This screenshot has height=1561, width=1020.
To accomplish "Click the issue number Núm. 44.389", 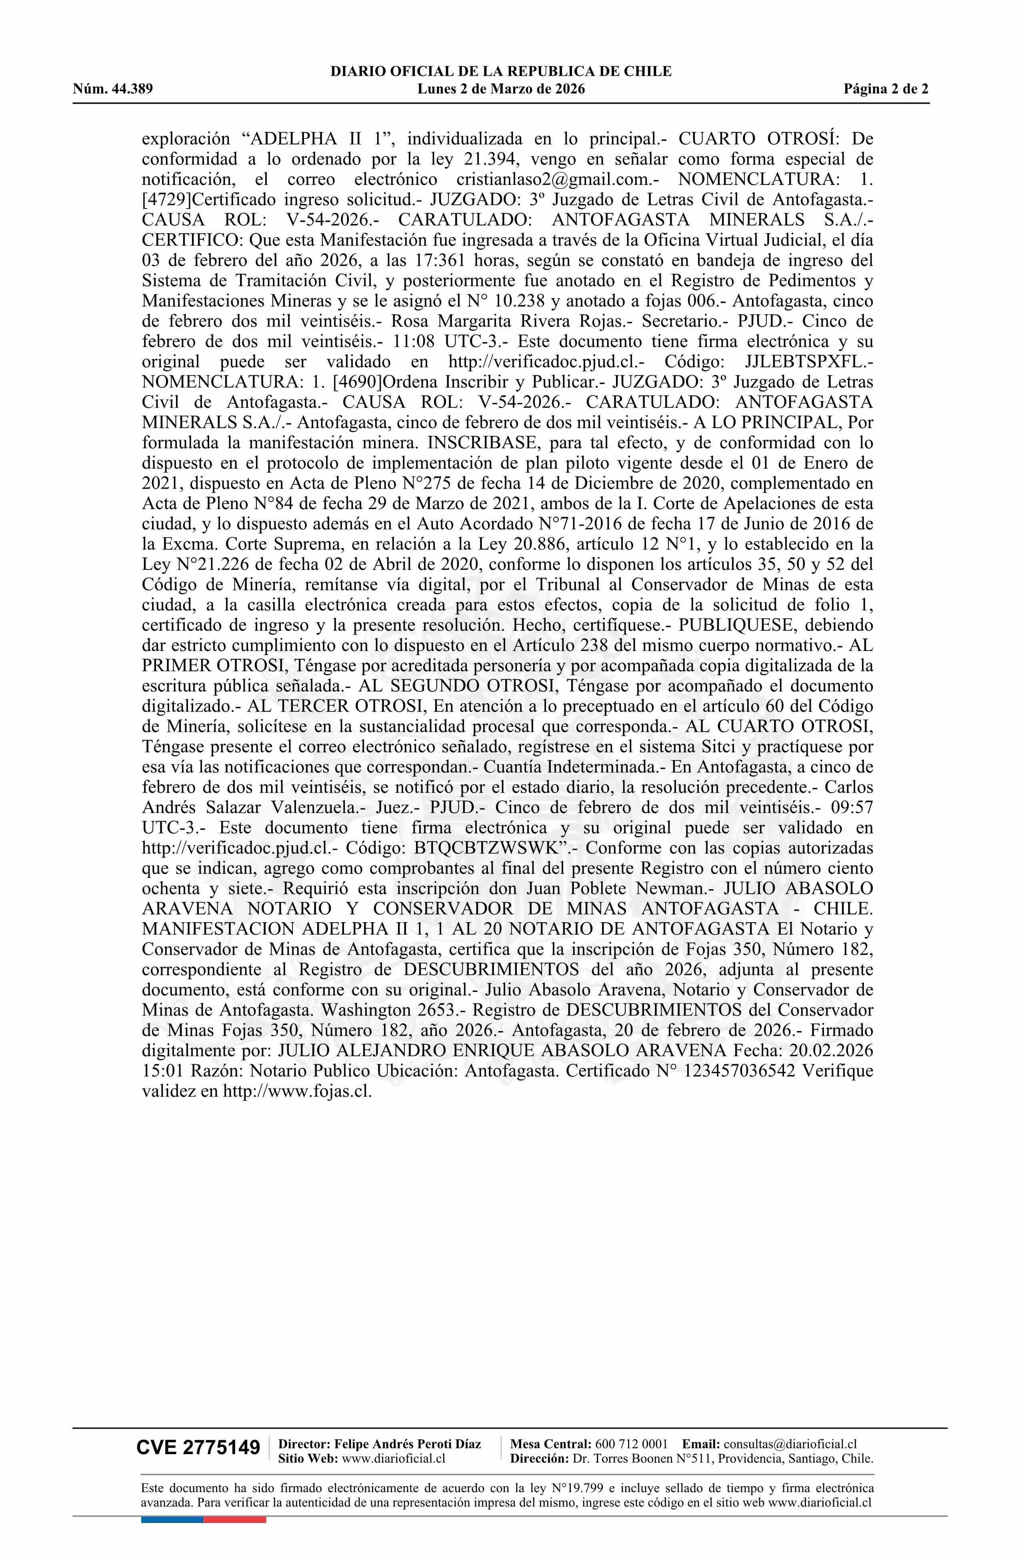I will click(x=113, y=89).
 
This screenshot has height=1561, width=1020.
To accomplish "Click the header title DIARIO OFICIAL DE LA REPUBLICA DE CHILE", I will click(x=501, y=72).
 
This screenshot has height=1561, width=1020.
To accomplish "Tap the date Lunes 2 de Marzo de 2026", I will click(x=501, y=89).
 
